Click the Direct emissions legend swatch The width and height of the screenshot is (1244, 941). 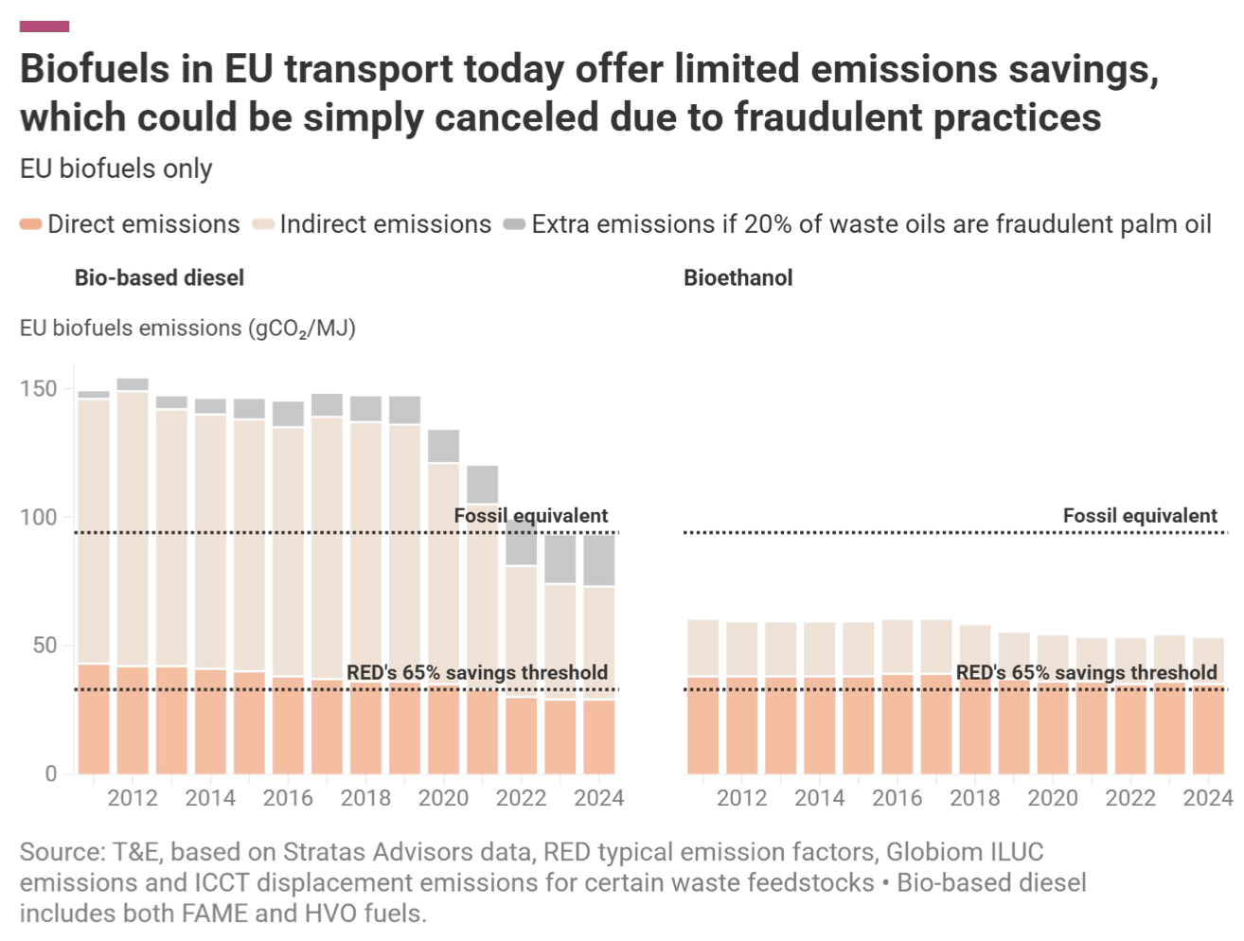pyautogui.click(x=30, y=224)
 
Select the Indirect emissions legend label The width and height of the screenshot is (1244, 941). pyautogui.click(x=385, y=224)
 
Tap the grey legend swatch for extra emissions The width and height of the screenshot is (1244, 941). pyautogui.click(x=514, y=224)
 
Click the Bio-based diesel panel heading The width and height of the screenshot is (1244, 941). pyautogui.click(x=159, y=278)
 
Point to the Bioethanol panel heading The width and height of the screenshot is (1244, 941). pyautogui.click(x=738, y=278)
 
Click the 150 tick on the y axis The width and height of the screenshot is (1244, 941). pyautogui.click(x=39, y=389)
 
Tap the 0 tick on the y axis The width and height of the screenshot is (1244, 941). pyautogui.click(x=51, y=774)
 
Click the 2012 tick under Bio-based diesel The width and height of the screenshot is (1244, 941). pyautogui.click(x=133, y=798)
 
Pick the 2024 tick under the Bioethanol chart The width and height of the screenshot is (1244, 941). pyautogui.click(x=1207, y=798)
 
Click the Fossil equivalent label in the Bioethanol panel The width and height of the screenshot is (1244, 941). pyautogui.click(x=1140, y=516)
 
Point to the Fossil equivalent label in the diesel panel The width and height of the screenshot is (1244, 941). pyautogui.click(x=531, y=516)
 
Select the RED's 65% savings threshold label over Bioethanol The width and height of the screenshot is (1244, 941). pyautogui.click(x=1086, y=672)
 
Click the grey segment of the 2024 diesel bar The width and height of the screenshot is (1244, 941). pyautogui.click(x=598, y=560)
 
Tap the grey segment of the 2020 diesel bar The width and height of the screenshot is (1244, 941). pyautogui.click(x=443, y=446)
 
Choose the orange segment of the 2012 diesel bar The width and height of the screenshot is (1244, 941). pyautogui.click(x=133, y=719)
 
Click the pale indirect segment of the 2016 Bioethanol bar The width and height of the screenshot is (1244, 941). pyautogui.click(x=897, y=648)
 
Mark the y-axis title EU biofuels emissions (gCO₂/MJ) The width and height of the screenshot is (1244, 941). pyautogui.click(x=187, y=328)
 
